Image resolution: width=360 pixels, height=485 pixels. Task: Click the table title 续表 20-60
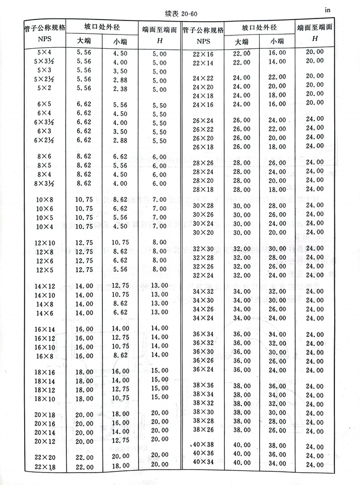(x=179, y=12)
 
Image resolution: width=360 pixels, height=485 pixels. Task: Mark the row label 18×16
(x=45, y=372)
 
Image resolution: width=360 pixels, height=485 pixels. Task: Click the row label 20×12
(x=45, y=441)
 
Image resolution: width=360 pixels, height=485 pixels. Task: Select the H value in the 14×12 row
(x=160, y=285)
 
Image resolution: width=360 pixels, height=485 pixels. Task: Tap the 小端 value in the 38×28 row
(x=278, y=421)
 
